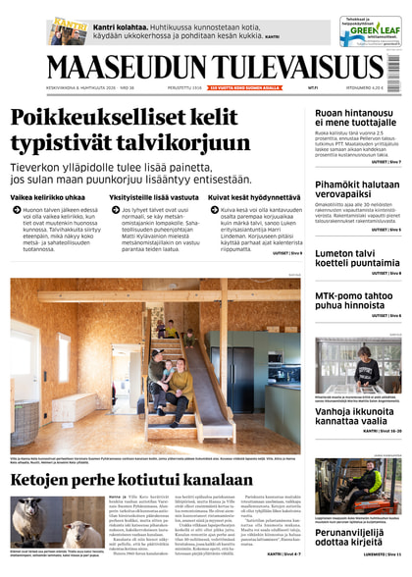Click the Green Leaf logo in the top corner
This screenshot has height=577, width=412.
370,31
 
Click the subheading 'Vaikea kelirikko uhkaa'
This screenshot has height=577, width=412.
48,197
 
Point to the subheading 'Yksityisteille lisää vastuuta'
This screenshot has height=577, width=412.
153,197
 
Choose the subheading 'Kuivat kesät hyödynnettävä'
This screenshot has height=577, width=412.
254,197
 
